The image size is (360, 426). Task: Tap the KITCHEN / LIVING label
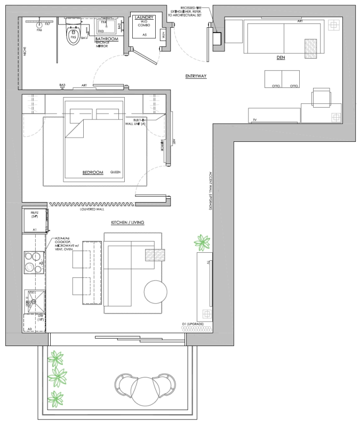coord(128,222)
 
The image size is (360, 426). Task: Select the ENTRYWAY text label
coord(196,76)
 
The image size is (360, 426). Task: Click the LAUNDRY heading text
coord(145,18)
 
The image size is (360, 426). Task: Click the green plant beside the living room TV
coord(202,243)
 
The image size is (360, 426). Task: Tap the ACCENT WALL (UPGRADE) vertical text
coord(211,192)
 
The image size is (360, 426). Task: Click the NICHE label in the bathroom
coord(25,52)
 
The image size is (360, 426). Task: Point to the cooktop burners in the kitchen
coord(34,263)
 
